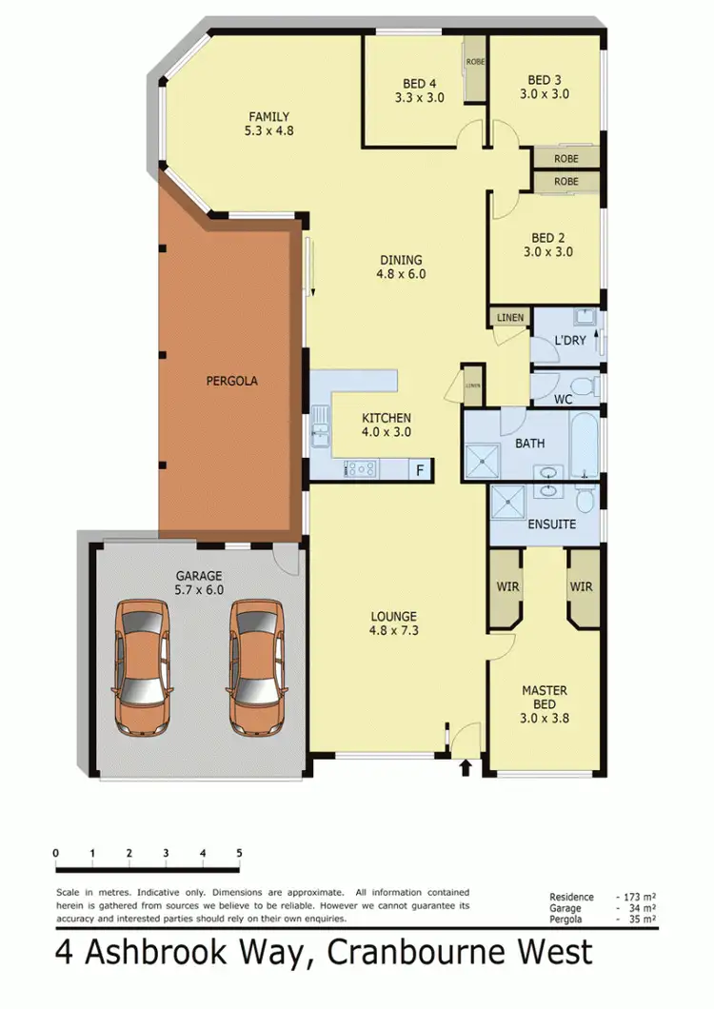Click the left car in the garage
coord(142,668)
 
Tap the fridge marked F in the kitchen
coord(418,469)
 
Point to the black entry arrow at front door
coord(466,766)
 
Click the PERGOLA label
coord(231,381)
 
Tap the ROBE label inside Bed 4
coord(475,63)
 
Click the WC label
coord(564,400)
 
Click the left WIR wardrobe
coord(507,587)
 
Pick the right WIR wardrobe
coord(581,587)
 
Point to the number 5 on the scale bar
coord(239,852)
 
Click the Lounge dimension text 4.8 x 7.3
coord(393,629)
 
